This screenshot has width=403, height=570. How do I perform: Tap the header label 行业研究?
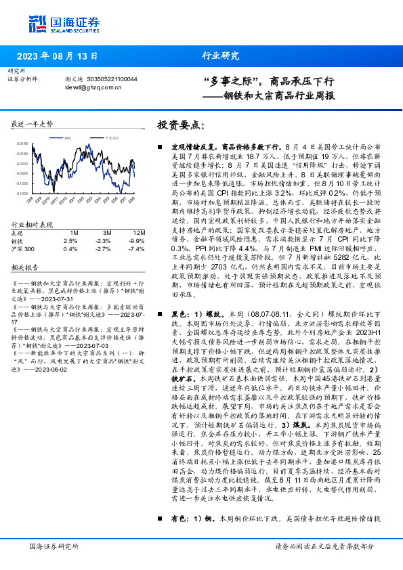(217, 56)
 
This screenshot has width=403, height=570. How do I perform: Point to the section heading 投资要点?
(179, 127)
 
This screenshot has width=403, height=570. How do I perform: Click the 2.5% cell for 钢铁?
(70, 240)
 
